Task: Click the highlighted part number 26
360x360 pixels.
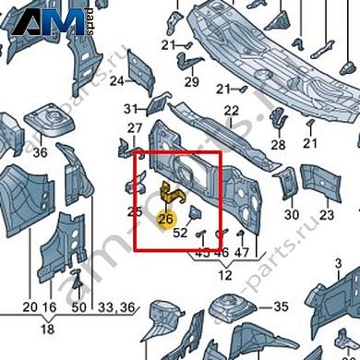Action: [x=166, y=219]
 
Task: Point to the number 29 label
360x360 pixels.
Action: [x=192, y=81]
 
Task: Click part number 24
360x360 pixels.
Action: [x=117, y=81]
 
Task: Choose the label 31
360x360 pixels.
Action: [x=131, y=109]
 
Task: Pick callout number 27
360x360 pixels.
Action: [x=135, y=128]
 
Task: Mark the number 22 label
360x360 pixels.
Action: [x=232, y=110]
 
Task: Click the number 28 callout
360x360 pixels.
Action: [x=278, y=145]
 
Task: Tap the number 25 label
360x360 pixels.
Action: [x=135, y=212]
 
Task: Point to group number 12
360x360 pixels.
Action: [x=224, y=276]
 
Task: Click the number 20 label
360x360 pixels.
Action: [x=29, y=306]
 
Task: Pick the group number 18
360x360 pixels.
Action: [x=46, y=328]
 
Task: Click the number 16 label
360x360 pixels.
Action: [x=50, y=306]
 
